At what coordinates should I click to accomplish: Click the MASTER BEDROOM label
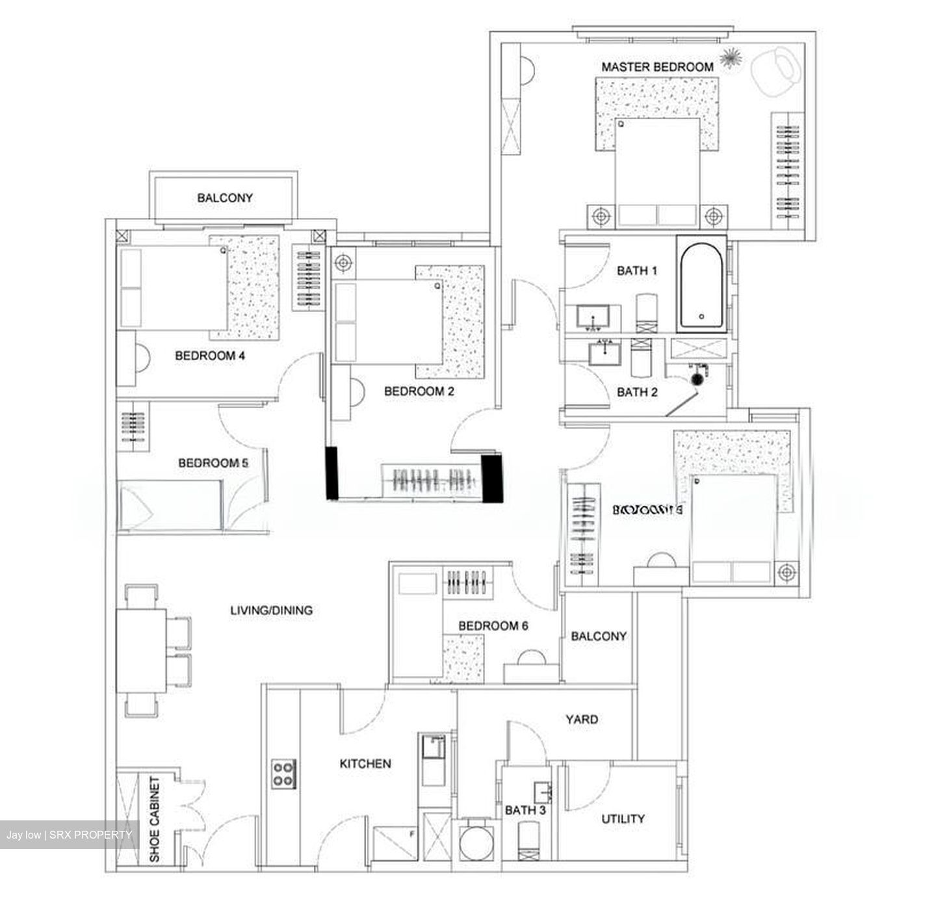point(656,66)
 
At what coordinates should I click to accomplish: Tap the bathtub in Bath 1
point(701,283)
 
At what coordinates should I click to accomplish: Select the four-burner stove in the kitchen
point(284,774)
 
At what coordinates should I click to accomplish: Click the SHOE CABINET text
point(155,820)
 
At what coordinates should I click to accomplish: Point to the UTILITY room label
point(623,818)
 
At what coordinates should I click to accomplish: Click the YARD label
point(582,720)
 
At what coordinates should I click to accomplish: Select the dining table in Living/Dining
point(141,651)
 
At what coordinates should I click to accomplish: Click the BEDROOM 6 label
point(493,626)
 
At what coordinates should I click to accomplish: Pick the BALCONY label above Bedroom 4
point(225,198)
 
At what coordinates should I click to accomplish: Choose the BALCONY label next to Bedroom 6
point(599,636)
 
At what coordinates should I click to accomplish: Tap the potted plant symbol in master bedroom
point(732,57)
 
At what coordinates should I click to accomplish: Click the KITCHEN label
point(365,764)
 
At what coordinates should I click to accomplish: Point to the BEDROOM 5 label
point(213,463)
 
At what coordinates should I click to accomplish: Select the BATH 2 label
point(637,392)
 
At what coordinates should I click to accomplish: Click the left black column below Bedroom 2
point(332,473)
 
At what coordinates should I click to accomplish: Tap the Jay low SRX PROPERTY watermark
point(69,835)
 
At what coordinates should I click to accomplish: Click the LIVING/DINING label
point(272,610)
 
